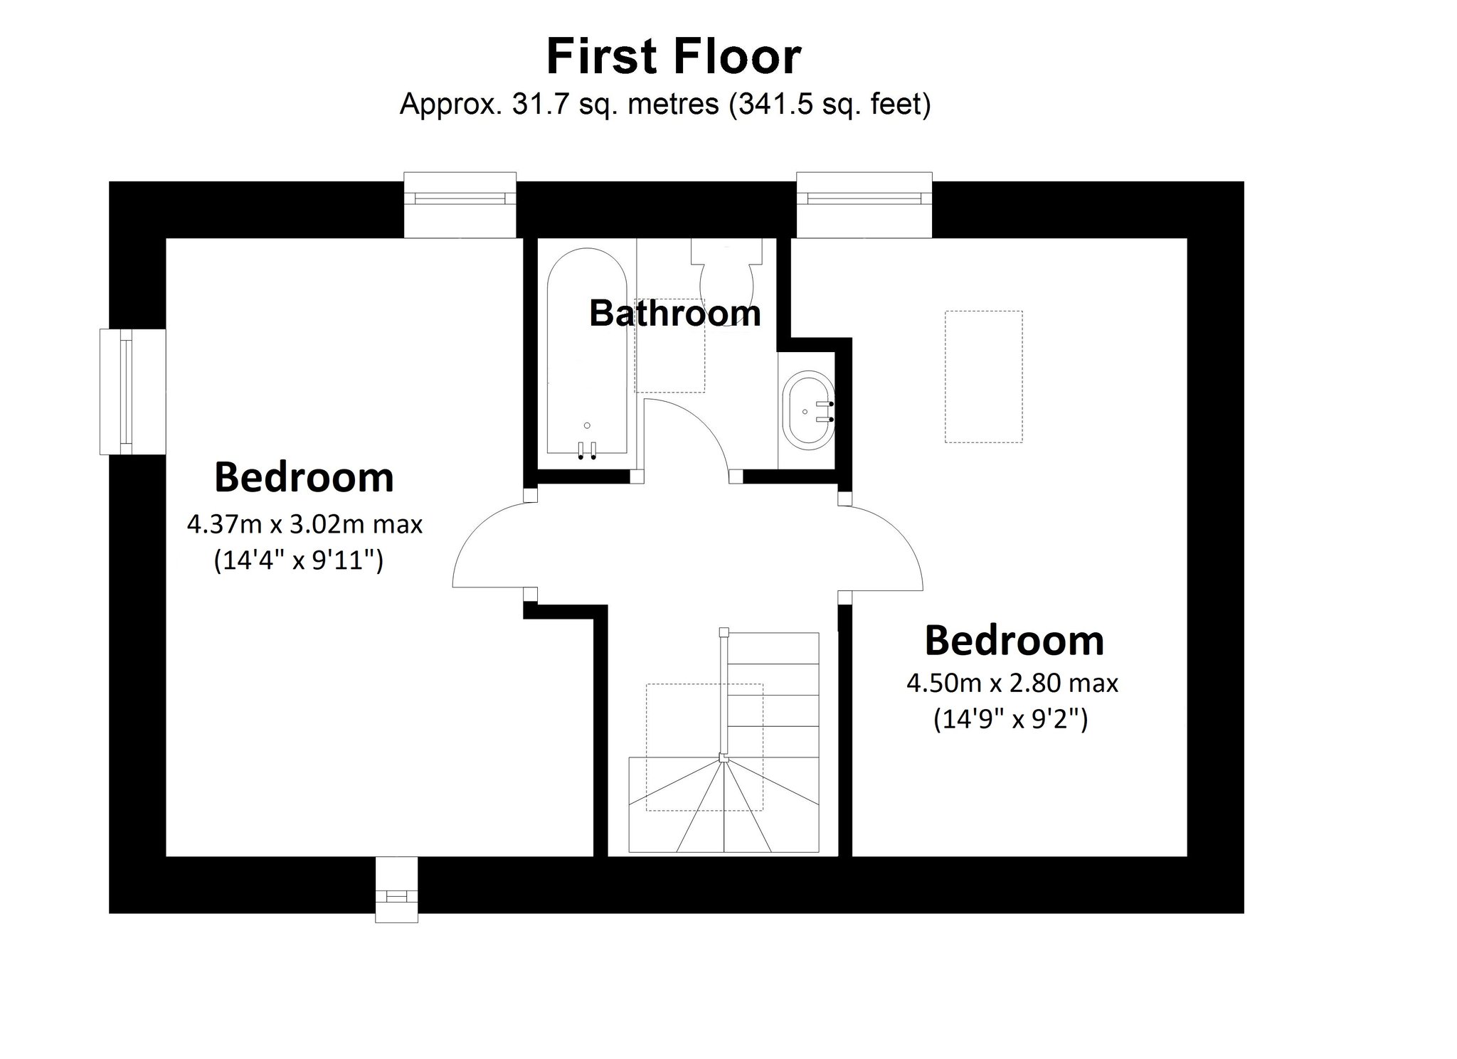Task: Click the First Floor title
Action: click(673, 58)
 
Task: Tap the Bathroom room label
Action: click(674, 313)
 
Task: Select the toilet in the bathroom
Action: click(726, 277)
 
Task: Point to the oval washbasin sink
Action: click(808, 410)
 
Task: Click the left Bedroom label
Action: click(304, 477)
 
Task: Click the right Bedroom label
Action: click(1014, 640)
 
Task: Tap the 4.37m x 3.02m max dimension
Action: click(304, 525)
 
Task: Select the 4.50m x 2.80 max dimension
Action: click(1012, 683)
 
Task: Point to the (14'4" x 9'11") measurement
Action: click(299, 561)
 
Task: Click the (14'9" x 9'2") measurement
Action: click(1010, 720)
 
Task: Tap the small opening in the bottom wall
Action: click(396, 889)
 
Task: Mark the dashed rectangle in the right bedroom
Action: click(983, 376)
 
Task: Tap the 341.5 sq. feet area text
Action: click(830, 105)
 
